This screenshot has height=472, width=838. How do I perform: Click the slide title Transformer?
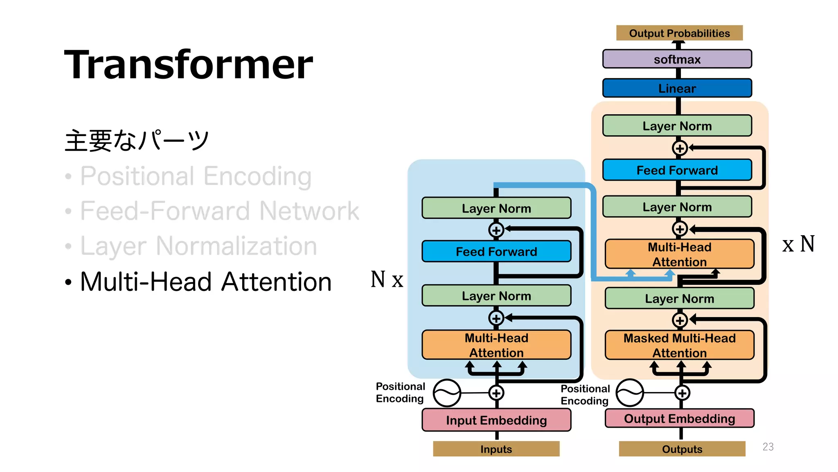(x=189, y=64)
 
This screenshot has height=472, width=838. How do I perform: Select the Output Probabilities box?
(x=679, y=33)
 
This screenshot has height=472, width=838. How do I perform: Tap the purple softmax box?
(x=677, y=59)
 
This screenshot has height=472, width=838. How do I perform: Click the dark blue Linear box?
(x=677, y=88)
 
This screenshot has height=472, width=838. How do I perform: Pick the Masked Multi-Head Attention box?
(x=679, y=345)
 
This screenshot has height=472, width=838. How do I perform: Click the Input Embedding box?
(x=496, y=420)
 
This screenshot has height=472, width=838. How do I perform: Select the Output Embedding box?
(x=679, y=418)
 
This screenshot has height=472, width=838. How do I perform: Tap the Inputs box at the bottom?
(x=496, y=449)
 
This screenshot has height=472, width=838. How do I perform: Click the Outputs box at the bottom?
(x=682, y=449)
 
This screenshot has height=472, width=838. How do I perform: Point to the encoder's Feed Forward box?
(x=496, y=251)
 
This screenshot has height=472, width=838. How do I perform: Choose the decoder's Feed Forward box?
(x=677, y=170)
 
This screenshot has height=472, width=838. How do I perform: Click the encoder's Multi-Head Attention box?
(x=496, y=345)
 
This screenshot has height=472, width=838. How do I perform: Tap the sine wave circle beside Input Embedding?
(x=447, y=393)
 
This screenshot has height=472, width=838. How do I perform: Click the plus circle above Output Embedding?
(x=682, y=393)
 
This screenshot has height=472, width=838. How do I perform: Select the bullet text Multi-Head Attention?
(x=205, y=282)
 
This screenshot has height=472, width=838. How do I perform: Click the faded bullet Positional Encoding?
(x=196, y=176)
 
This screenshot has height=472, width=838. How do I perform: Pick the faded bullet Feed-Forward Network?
(x=219, y=211)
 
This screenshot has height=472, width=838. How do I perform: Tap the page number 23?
(x=768, y=447)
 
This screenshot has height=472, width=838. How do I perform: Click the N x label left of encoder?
(x=387, y=279)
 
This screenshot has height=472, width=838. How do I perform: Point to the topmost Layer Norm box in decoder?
(x=677, y=126)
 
